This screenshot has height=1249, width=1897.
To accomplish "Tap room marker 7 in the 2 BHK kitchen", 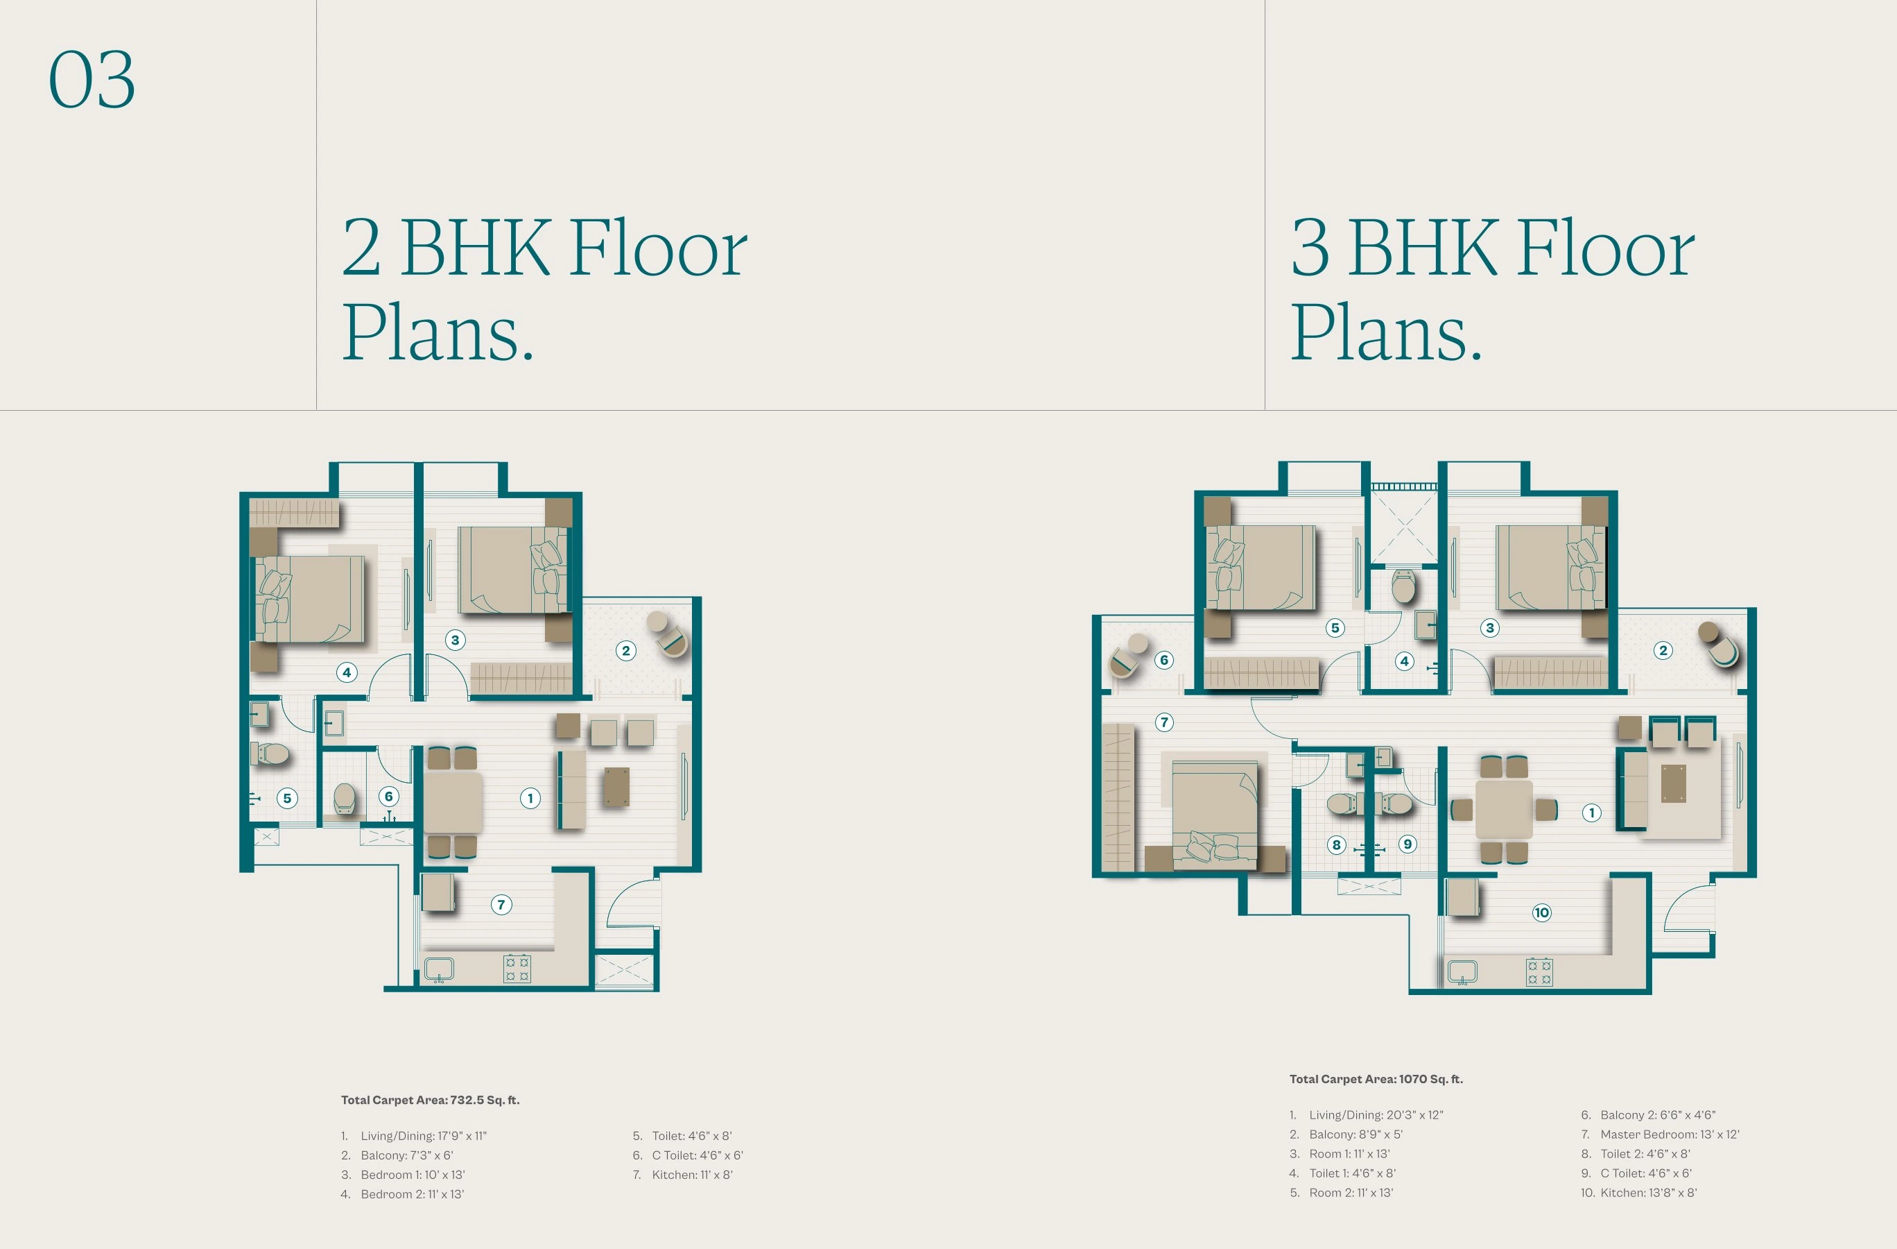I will coord(501,904).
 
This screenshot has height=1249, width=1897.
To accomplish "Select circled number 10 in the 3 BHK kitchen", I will coord(1541,912).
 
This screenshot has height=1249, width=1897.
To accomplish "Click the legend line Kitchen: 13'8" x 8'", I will coord(1647,1192).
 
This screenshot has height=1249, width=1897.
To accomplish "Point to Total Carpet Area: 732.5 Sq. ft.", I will coord(431,1100).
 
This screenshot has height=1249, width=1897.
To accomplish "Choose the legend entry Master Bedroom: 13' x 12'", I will coord(1669,1134).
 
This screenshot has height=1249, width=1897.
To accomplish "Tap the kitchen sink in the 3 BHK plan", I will coord(1462,972).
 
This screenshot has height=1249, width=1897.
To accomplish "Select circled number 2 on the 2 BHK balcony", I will coord(625,651).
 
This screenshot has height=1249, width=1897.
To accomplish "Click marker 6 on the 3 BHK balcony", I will coord(1163,660).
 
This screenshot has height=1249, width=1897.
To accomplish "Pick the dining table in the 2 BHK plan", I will coord(452,801).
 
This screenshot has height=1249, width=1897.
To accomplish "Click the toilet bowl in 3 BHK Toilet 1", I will coord(1403,586).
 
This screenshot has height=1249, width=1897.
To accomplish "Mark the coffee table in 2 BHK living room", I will coord(616,786).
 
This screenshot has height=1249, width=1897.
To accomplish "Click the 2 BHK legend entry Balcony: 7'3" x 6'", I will coord(406,1155).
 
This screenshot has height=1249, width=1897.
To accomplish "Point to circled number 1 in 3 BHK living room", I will coord(1592,813).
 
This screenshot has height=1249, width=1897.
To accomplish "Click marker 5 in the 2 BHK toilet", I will coord(287,799).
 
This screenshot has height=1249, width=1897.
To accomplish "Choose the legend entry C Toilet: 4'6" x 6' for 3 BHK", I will coord(1645,1173).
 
